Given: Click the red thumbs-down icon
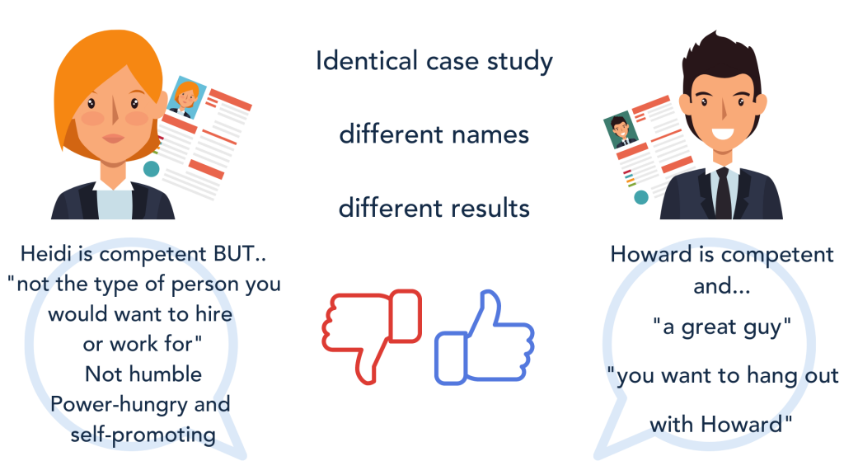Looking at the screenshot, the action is [372, 335].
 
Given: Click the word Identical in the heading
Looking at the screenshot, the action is [367, 60].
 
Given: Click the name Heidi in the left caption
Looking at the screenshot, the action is [46, 254].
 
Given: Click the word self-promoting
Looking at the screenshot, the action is [143, 435].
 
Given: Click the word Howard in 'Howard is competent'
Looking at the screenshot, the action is [651, 254].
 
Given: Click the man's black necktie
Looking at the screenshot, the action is [723, 193].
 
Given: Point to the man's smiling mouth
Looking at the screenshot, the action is [722, 133].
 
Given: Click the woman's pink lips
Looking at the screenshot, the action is [114, 139].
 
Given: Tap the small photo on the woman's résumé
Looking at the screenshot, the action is [186, 98].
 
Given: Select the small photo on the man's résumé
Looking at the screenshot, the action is [621, 129].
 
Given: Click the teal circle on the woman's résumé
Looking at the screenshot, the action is [152, 169].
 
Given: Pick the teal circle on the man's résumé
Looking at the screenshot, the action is [641, 197].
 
